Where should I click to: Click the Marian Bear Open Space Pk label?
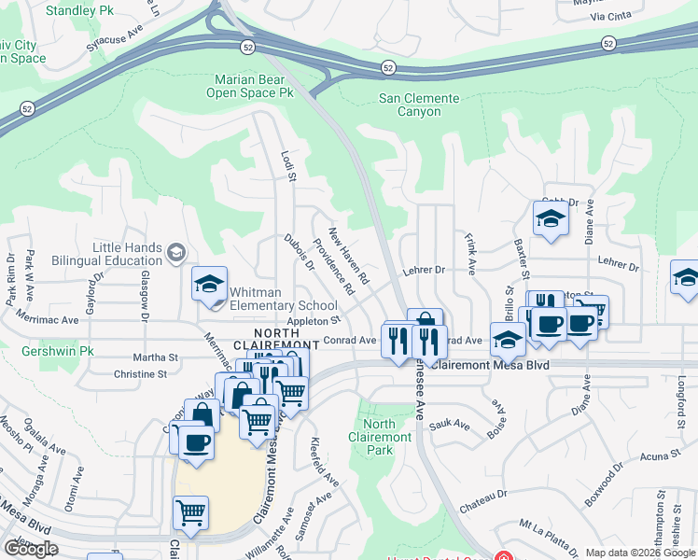(x=249, y=87)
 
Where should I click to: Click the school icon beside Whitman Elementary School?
(x=210, y=284)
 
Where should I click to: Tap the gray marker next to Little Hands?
(x=175, y=252)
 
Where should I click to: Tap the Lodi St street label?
(x=288, y=165)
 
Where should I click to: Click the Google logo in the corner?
(x=31, y=549)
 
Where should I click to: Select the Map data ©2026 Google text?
(x=640, y=553)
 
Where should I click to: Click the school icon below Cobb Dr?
(x=551, y=220)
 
